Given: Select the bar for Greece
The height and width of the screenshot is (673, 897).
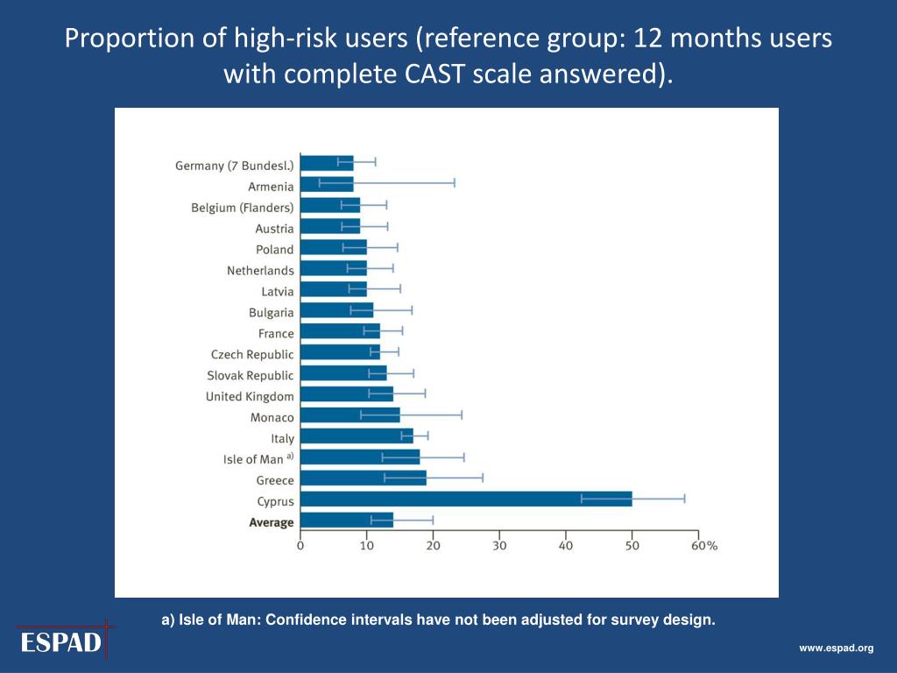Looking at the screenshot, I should (x=363, y=479).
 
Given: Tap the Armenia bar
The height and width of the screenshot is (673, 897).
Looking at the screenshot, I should (x=327, y=185).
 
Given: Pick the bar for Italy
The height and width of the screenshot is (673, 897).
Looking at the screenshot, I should (x=357, y=436).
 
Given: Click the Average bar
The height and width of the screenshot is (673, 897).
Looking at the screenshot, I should (x=347, y=521).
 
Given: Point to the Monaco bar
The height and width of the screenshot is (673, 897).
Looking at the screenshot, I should (x=350, y=415).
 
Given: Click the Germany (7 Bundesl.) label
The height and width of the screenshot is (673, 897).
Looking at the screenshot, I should (x=235, y=166).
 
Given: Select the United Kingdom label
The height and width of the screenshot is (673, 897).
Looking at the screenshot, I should (x=250, y=396).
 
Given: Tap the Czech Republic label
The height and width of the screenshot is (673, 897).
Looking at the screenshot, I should (x=252, y=354).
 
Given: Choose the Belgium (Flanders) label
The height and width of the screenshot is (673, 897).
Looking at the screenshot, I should (x=243, y=208).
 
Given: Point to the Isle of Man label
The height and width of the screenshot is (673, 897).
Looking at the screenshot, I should (x=253, y=459).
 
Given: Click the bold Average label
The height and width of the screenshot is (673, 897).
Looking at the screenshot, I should (x=272, y=522).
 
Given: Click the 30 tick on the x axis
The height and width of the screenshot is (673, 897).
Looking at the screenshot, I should (x=499, y=545).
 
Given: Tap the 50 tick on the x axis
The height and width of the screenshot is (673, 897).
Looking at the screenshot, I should (x=632, y=545).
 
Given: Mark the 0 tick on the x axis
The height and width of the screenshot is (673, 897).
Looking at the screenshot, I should (x=300, y=545).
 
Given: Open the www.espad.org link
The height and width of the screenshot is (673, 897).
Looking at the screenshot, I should (x=836, y=648).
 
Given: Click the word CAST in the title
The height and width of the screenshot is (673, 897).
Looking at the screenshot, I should (x=435, y=74).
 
